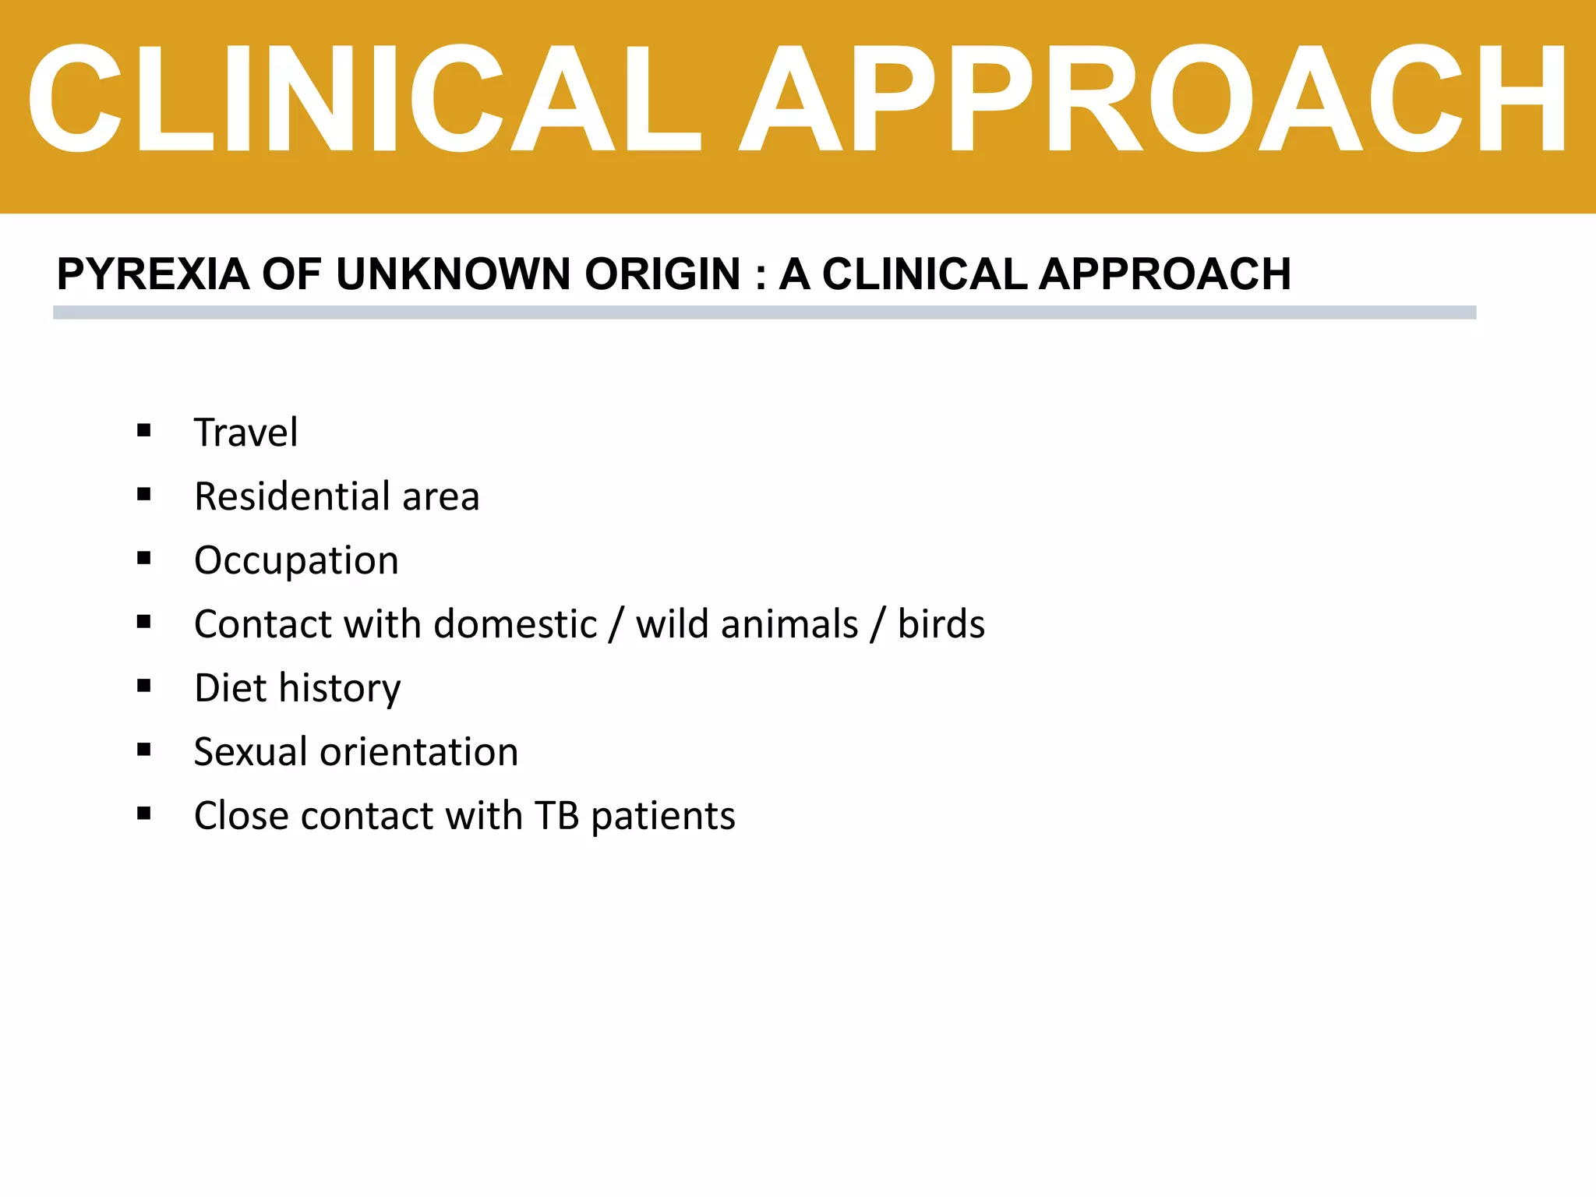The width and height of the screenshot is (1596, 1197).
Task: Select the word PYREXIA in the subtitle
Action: (x=153, y=274)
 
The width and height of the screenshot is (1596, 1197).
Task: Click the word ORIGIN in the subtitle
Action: (x=662, y=274)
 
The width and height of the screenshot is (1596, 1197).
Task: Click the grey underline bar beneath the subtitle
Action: (x=764, y=312)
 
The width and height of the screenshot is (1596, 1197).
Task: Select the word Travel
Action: (x=245, y=433)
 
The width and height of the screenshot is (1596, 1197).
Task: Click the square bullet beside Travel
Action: (x=143, y=430)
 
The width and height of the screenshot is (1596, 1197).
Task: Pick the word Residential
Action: (x=292, y=496)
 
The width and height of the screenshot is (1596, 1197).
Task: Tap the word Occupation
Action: (x=296, y=560)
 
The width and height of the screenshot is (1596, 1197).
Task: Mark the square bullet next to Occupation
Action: (x=143, y=558)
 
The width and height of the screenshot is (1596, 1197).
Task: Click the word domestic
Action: (x=515, y=624)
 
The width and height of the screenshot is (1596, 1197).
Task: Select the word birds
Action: (x=941, y=624)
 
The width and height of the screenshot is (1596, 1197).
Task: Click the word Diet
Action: (x=230, y=688)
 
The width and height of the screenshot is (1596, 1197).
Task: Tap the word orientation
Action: (x=419, y=752)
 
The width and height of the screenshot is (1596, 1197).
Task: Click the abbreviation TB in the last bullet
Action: (x=556, y=816)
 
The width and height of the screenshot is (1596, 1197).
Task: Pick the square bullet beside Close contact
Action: (x=143, y=814)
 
